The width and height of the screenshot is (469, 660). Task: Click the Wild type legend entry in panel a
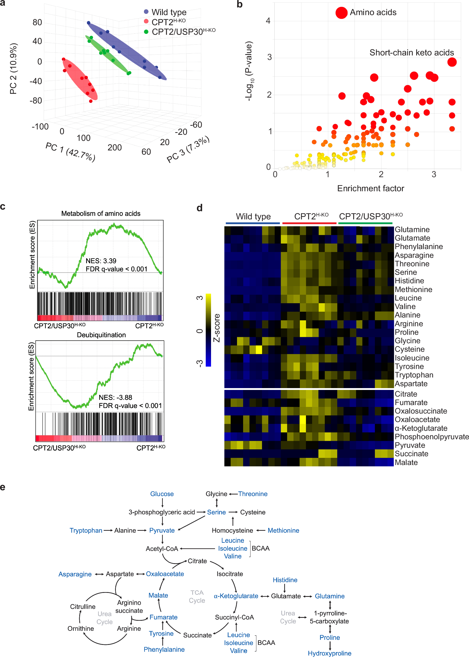(169, 12)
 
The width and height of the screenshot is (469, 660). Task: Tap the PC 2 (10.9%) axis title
(13, 69)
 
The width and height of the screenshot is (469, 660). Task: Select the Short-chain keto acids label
(411, 53)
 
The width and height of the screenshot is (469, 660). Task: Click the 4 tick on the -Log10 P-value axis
(268, 21)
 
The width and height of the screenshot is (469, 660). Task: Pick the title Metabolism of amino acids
(101, 214)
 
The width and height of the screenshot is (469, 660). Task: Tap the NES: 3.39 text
(101, 261)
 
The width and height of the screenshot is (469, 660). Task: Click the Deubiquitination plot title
(101, 335)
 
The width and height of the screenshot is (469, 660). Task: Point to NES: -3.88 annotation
(115, 397)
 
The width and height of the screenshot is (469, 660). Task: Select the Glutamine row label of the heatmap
(412, 229)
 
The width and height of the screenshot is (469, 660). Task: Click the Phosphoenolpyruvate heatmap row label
(431, 437)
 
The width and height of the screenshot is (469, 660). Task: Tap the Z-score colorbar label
(217, 328)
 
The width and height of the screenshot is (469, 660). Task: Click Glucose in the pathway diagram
(162, 494)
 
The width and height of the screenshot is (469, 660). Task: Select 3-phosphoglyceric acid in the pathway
(162, 512)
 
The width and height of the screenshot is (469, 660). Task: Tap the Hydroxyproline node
(329, 653)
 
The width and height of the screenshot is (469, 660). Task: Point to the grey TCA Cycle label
(197, 596)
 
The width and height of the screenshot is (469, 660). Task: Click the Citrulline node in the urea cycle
(83, 606)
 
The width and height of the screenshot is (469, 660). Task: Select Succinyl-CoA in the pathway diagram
(234, 617)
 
